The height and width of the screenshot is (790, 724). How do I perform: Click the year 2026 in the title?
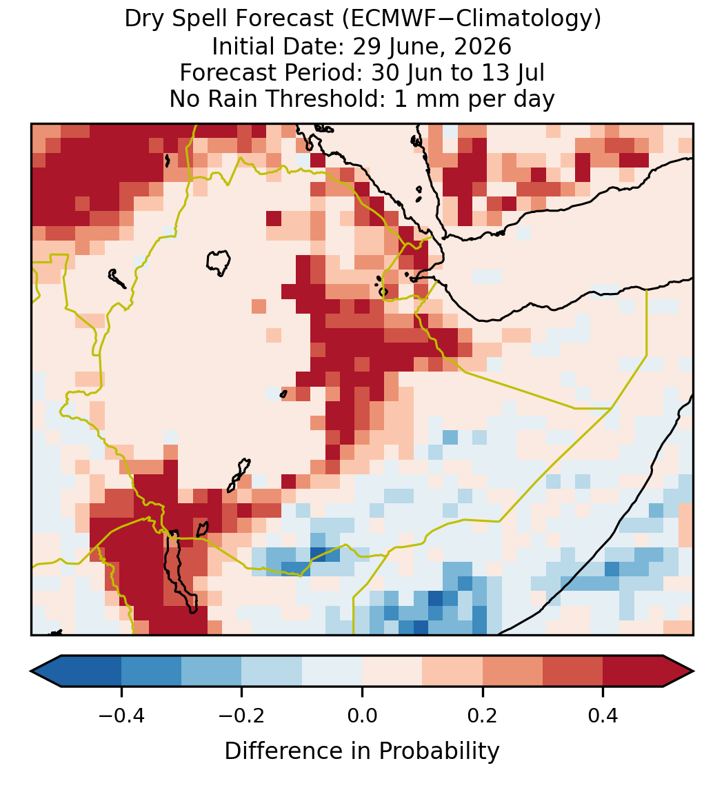[x=483, y=47]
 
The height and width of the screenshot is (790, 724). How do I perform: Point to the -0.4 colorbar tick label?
[x=121, y=715]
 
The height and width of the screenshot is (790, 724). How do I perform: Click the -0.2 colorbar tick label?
[x=241, y=715]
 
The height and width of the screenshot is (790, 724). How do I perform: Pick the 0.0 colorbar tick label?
[x=362, y=715]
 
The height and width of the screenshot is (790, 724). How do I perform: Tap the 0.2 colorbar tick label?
[x=483, y=715]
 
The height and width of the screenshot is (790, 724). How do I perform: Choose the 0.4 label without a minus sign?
[x=603, y=715]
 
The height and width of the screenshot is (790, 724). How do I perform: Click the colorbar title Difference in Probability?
[x=362, y=751]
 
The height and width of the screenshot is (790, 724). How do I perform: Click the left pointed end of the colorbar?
[x=32, y=671]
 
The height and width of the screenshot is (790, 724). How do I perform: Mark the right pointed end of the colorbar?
[x=693, y=671]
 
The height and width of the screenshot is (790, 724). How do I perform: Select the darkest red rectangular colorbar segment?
[x=633, y=671]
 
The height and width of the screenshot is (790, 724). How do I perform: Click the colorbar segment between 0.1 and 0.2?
[x=452, y=671]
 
